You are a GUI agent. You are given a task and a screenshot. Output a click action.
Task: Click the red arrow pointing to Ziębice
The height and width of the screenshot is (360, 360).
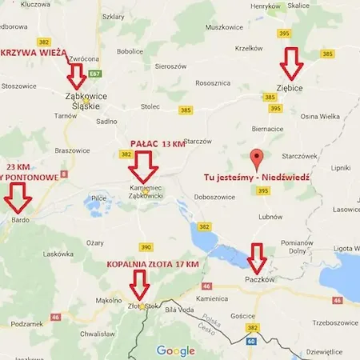290,60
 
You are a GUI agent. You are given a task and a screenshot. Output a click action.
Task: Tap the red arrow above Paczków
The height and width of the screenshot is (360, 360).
257,257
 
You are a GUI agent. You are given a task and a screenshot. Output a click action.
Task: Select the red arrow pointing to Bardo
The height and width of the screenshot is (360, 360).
16,195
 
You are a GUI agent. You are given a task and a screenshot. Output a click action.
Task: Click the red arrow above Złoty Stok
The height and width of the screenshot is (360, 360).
140,284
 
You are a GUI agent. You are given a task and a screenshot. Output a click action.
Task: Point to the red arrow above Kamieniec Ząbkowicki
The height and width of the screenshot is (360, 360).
144,166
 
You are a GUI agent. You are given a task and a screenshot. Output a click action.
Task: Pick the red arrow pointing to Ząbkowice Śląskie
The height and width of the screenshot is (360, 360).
78,76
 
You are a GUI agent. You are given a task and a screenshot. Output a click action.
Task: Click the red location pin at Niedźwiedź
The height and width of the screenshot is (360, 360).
256,158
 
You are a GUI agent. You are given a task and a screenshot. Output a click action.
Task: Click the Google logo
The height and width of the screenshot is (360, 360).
175,350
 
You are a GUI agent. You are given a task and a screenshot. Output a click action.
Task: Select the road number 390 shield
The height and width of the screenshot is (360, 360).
146,247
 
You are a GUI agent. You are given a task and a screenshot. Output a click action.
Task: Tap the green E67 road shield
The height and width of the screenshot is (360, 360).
95,73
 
